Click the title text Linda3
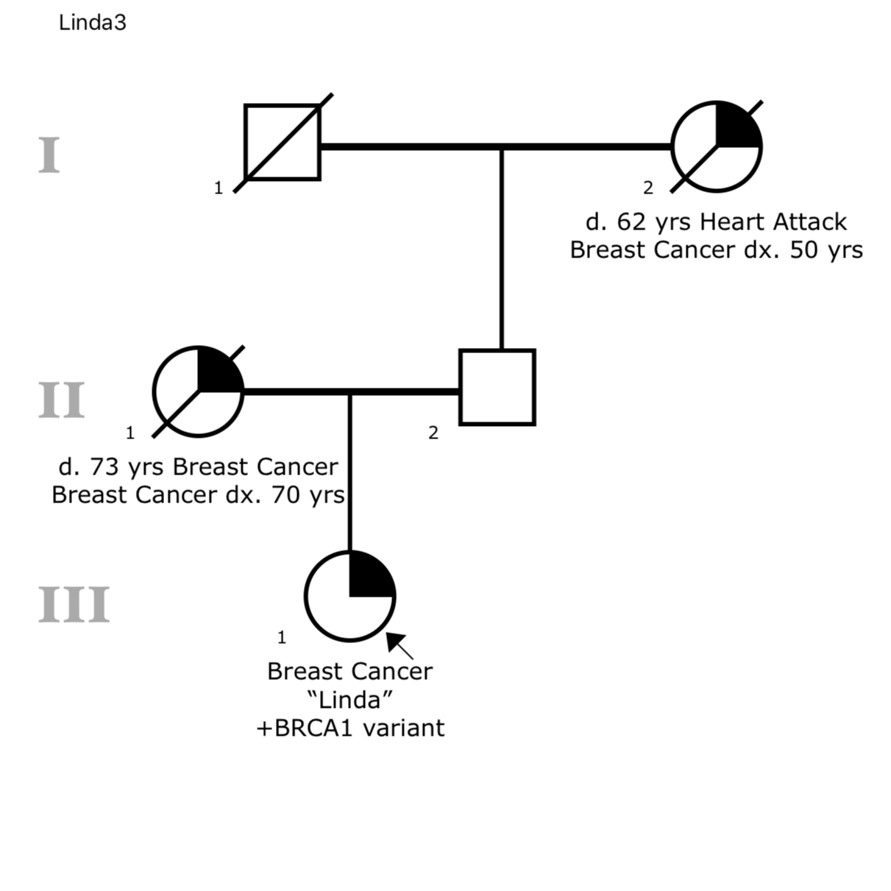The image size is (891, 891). coord(92,23)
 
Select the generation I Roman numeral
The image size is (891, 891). coord(49,155)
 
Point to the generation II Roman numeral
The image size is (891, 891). coord(61,400)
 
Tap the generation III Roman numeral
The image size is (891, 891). coord(74,605)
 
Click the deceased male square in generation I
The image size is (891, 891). coord(283,143)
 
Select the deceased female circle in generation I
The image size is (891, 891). coord(717,146)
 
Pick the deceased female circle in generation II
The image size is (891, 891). coord(198,391)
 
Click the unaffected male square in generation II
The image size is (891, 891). coord(497,387)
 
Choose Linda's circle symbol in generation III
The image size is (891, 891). coord(350,595)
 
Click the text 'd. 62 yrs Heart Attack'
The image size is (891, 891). coord(716,221)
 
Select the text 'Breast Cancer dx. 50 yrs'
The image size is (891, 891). coord(716,250)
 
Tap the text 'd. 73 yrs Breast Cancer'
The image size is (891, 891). coord(198,466)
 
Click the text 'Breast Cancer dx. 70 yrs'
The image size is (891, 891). coord(198,494)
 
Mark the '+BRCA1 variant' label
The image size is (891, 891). coord(350,728)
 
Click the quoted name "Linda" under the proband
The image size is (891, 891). coord(350,699)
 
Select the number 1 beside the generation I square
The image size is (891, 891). coord(218,188)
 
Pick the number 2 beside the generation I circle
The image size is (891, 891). coord(647,188)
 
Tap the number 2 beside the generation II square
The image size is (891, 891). coord(433,433)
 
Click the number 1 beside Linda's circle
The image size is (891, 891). coord(281,637)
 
